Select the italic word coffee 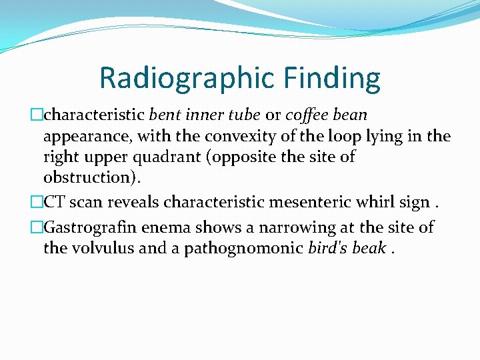click(x=310, y=115)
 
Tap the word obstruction click(x=83, y=179)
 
